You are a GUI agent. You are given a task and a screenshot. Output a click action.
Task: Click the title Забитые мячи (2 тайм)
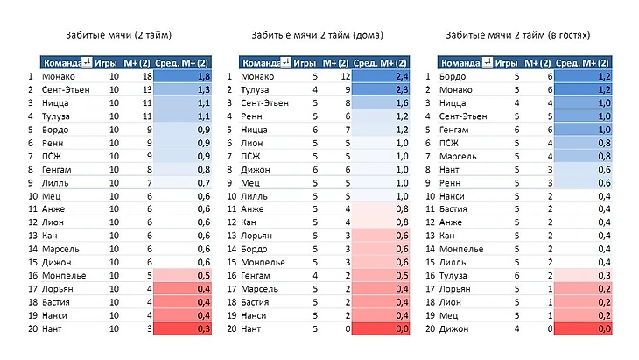[x=118, y=36]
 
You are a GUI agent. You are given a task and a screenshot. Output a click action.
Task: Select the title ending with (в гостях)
[x=516, y=36]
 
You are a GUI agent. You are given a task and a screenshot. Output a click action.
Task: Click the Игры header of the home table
[x=305, y=63]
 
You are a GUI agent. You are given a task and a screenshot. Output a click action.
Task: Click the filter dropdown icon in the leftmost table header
[x=86, y=63]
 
